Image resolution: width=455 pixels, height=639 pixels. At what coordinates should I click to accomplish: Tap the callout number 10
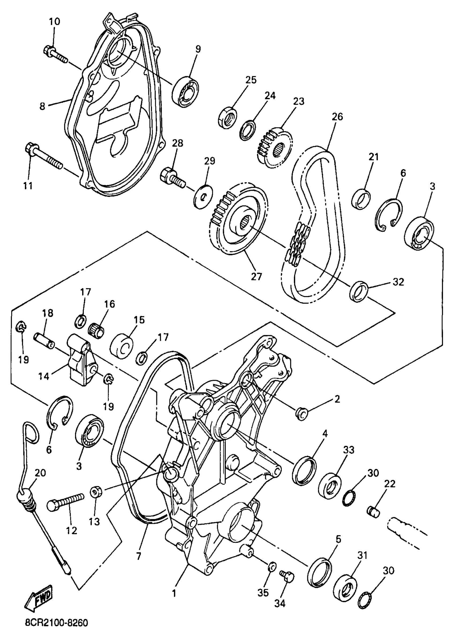[x=55, y=22]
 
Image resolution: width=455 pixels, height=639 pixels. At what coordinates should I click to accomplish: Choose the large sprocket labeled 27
[x=238, y=220]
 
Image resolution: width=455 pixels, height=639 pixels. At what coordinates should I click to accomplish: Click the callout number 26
[x=337, y=116]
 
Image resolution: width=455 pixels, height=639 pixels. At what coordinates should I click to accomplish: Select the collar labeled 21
[x=361, y=199]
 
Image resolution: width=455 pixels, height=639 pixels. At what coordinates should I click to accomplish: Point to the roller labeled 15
[x=122, y=347]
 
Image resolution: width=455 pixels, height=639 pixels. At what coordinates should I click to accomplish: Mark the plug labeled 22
[x=373, y=512]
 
